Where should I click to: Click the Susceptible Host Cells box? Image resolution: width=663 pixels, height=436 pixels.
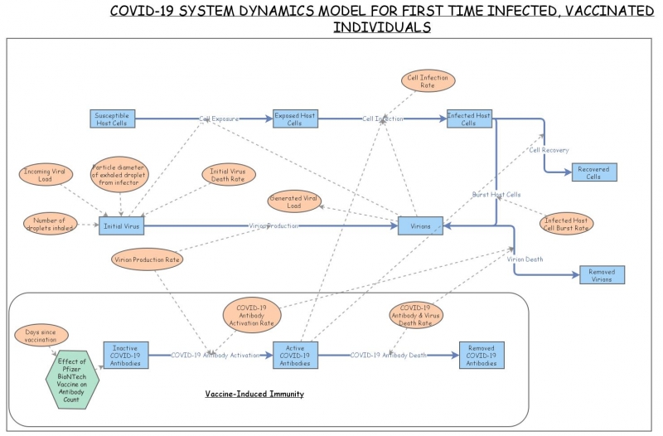coord(112,119)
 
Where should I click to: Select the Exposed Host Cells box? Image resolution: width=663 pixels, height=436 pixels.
coord(296,119)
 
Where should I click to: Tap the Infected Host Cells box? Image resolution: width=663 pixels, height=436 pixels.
coord(469,119)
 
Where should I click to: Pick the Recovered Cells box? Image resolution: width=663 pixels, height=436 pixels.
coord(593,173)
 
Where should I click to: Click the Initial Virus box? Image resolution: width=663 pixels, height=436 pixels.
coord(122,225)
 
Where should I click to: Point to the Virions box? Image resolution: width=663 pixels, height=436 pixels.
coord(420,225)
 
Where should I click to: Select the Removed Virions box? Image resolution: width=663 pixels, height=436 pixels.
coord(602,275)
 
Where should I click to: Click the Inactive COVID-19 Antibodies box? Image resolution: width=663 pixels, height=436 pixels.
coord(126,355)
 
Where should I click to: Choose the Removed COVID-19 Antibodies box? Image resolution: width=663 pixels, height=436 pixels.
coord(482,355)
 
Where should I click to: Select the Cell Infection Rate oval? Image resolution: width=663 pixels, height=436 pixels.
coord(428,80)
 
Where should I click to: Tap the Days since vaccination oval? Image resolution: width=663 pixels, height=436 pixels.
coord(41,336)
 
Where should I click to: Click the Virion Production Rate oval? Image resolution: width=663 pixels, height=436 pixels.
coord(147,259)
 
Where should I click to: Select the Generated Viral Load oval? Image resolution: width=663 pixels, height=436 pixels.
coord(295,201)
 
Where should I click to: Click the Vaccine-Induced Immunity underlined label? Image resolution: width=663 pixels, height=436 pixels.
coord(254,393)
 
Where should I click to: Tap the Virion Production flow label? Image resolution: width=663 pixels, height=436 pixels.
coord(273,225)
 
